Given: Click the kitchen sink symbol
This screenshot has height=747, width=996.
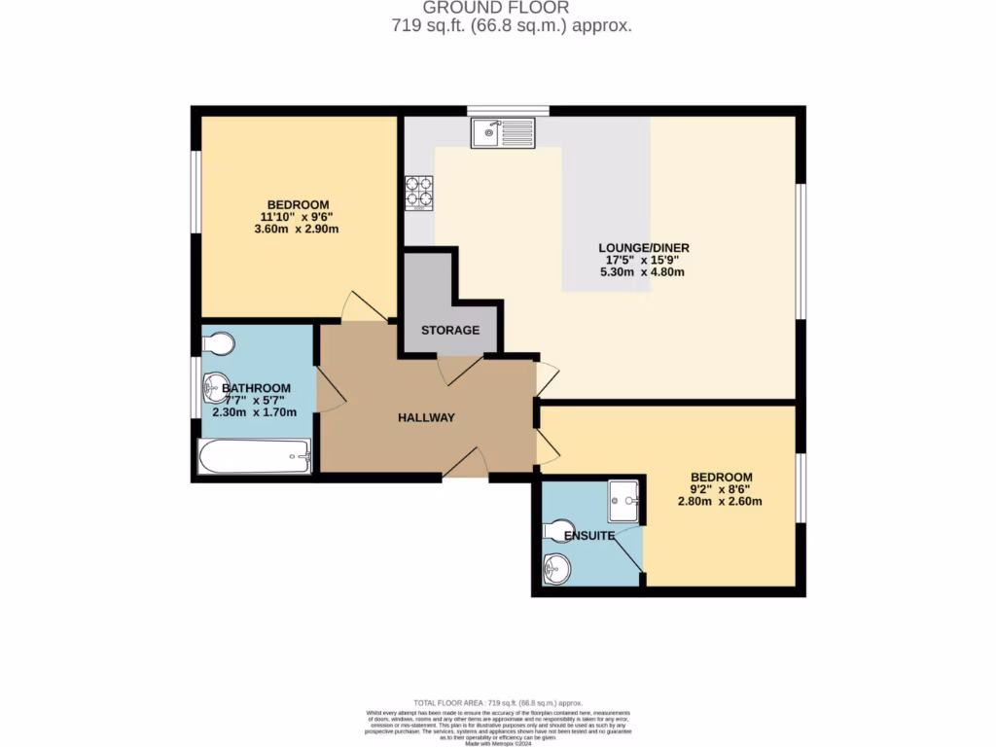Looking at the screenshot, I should click(503, 132).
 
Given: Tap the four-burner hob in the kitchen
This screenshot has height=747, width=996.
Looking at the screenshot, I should click(419, 192).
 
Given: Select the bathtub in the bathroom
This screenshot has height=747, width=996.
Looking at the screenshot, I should click(254, 456).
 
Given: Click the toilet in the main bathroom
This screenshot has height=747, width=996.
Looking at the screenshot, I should click(218, 344).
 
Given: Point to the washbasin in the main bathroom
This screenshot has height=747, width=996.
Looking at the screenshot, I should click(216, 389).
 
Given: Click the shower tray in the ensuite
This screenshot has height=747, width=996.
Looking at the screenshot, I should click(623, 501).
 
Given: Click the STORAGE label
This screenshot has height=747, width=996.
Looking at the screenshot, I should click(450, 331).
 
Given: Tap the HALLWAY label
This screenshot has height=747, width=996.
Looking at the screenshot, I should click(426, 418).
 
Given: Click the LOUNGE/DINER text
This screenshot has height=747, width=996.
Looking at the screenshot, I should click(643, 248).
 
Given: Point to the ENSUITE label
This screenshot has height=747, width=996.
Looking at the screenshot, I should click(590, 536).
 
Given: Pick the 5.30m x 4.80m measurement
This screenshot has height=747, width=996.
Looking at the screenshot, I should click(643, 272).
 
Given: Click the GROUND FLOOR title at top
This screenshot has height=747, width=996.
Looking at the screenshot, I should click(504, 8).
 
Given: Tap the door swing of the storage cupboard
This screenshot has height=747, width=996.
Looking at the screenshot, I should click(459, 368).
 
